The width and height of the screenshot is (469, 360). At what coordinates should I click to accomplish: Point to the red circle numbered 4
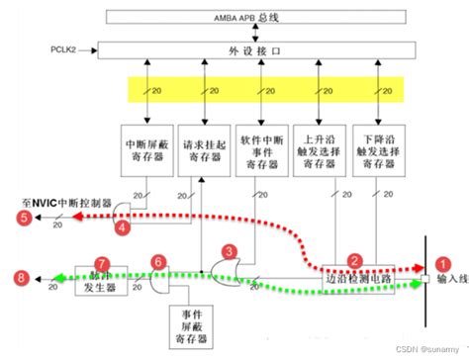tap(124, 227)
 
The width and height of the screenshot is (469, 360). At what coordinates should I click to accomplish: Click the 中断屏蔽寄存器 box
tap(146, 150)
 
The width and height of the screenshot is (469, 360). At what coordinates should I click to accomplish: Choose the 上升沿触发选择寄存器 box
tap(323, 150)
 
